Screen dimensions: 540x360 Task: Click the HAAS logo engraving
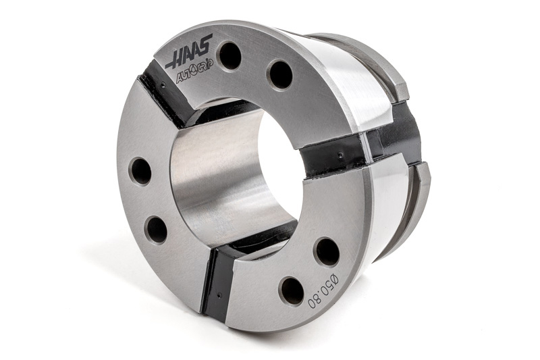point(190,51)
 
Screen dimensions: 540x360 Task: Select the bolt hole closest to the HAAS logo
point(230,55)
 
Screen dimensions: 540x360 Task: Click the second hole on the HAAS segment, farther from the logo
point(281,75)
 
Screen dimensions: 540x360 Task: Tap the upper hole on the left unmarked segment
point(141,171)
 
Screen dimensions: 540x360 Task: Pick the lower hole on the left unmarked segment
point(157,230)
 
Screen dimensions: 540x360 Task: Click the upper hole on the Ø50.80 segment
point(327,252)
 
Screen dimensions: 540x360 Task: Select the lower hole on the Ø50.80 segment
point(291,290)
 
